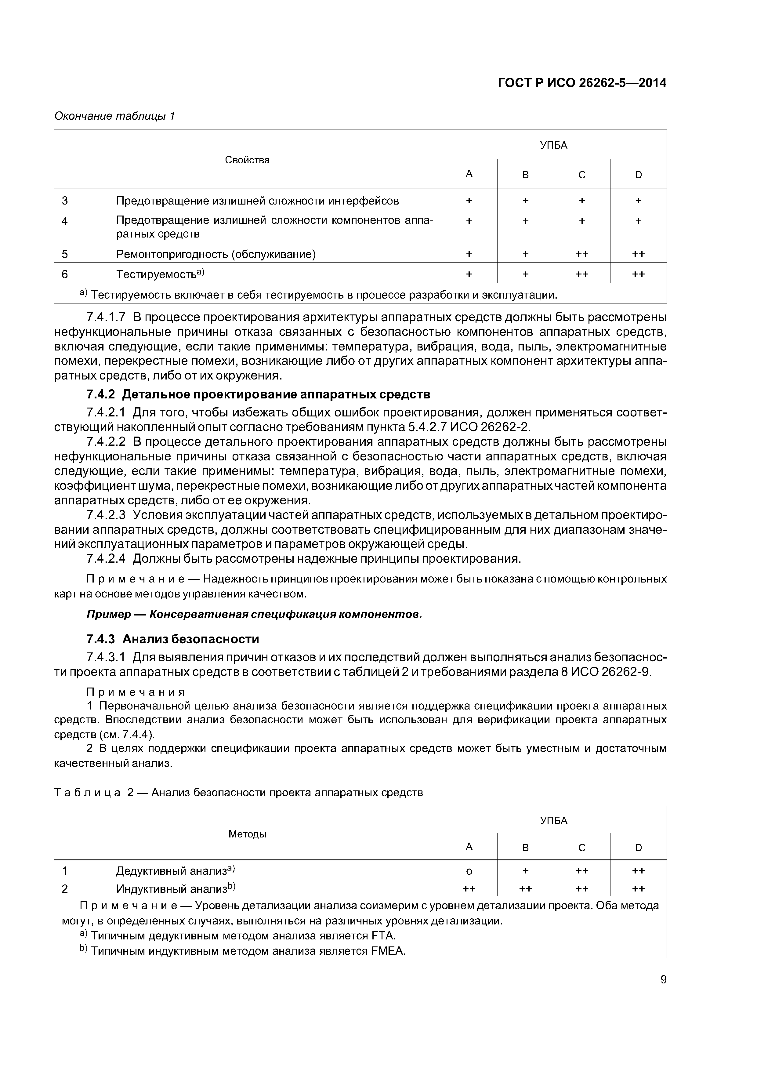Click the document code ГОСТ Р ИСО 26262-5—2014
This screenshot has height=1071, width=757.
click(581, 83)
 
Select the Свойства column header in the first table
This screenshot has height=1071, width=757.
click(247, 160)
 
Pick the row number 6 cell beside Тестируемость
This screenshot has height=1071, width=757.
click(65, 274)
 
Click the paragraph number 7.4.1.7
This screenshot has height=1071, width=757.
click(106, 317)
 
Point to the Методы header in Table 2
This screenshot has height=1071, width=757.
click(247, 834)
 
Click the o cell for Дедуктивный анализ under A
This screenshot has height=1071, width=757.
click(469, 871)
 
